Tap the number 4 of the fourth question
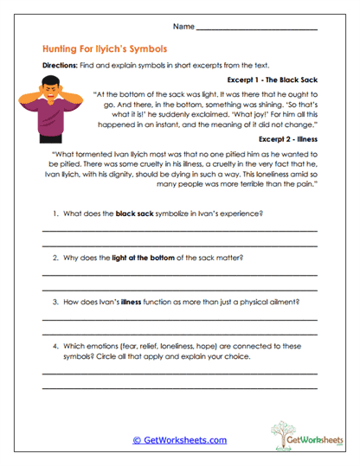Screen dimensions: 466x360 (x=55, y=346)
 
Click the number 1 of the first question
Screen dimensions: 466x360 (x=55, y=214)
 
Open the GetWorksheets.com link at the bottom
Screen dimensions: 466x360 (x=179, y=440)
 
